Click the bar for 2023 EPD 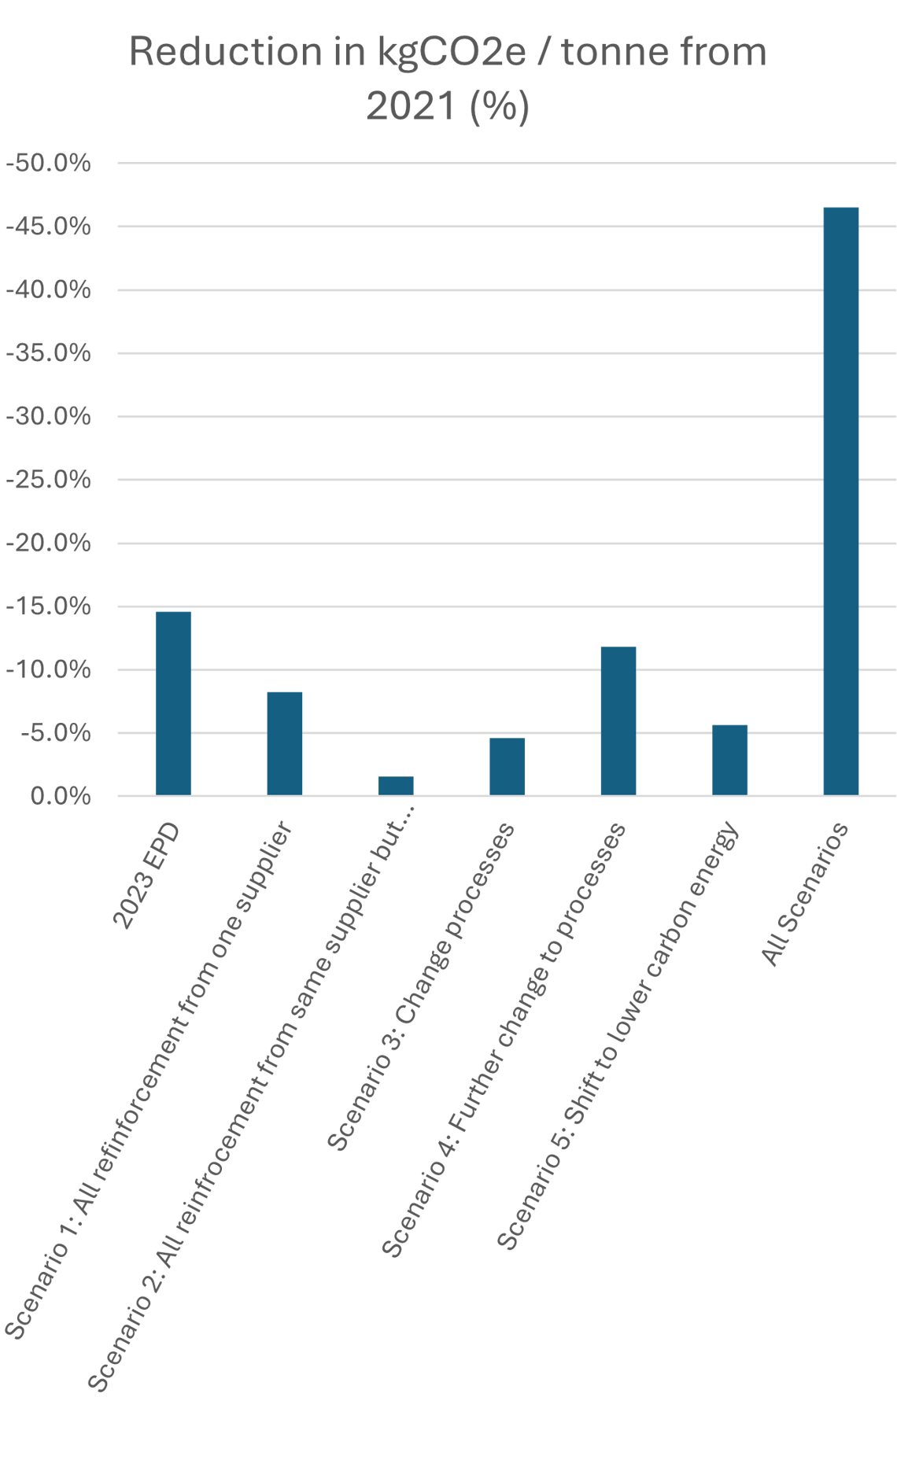(173, 703)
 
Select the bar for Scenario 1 (285, 743)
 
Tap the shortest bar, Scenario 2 (396, 786)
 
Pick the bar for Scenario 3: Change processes (507, 766)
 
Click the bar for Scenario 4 (618, 721)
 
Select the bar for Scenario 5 (729, 760)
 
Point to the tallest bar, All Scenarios (840, 501)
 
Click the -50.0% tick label (49, 164)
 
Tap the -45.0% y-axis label (49, 227)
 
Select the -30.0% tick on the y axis (49, 417)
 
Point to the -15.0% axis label (49, 606)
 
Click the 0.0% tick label (61, 796)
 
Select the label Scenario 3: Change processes (421, 987)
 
